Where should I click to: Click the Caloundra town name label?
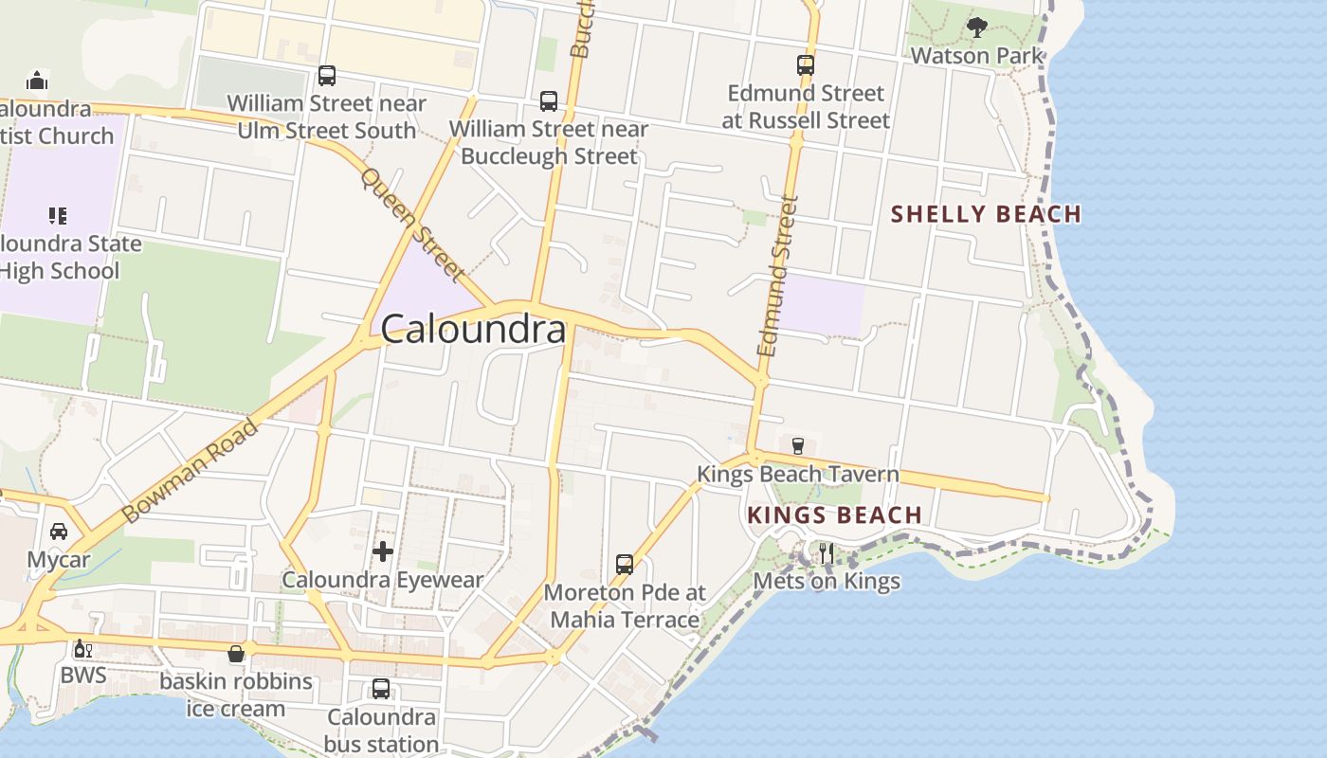click(474, 330)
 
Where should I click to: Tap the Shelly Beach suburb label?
click(986, 214)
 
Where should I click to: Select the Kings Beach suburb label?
click(834, 515)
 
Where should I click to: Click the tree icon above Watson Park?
click(976, 27)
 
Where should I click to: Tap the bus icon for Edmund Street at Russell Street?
click(806, 65)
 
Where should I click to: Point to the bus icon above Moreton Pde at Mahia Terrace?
click(625, 565)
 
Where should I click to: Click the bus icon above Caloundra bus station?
click(381, 689)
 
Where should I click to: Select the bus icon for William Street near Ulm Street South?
click(327, 75)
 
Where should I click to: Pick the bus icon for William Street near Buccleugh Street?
click(549, 101)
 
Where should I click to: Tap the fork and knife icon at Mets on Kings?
click(827, 553)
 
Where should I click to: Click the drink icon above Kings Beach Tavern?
click(797, 445)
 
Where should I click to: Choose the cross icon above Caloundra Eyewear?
click(383, 551)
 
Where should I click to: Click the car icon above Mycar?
click(59, 531)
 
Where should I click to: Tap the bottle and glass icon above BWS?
click(83, 649)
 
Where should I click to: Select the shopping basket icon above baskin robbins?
click(236, 654)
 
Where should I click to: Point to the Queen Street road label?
click(412, 226)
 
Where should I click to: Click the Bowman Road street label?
click(191, 471)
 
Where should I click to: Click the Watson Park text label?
click(976, 56)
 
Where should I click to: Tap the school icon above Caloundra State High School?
click(58, 216)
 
